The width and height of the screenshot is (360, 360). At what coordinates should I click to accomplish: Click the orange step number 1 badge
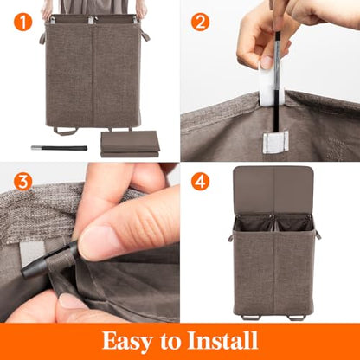tap(22, 22)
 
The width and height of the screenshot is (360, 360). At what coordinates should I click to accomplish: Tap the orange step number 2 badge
tap(200, 22)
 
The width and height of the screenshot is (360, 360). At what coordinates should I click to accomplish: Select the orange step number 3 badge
tap(22, 182)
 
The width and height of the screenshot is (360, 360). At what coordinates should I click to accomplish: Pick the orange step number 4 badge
tap(200, 182)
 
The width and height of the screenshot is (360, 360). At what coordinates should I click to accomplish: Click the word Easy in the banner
tap(128, 342)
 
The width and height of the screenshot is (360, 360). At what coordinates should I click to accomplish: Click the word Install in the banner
tap(222, 340)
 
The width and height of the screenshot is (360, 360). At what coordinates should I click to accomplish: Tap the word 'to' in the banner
tap(170, 342)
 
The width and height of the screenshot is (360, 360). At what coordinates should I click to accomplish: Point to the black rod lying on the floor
tap(59, 148)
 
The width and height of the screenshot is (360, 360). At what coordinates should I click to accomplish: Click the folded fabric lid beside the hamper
tap(130, 144)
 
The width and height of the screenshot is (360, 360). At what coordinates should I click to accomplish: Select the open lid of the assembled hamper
tap(273, 190)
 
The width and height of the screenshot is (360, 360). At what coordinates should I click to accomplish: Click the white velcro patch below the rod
tap(275, 142)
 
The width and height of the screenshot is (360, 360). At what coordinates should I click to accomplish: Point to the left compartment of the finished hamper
tap(253, 222)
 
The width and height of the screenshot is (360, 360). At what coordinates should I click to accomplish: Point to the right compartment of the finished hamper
tap(293, 222)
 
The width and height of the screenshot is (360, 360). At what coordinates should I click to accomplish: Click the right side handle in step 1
tap(145, 35)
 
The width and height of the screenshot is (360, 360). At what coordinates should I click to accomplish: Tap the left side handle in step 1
tap(42, 38)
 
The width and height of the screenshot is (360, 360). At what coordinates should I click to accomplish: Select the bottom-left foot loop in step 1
tap(65, 132)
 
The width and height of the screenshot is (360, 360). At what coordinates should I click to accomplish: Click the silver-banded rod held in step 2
tap(277, 80)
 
